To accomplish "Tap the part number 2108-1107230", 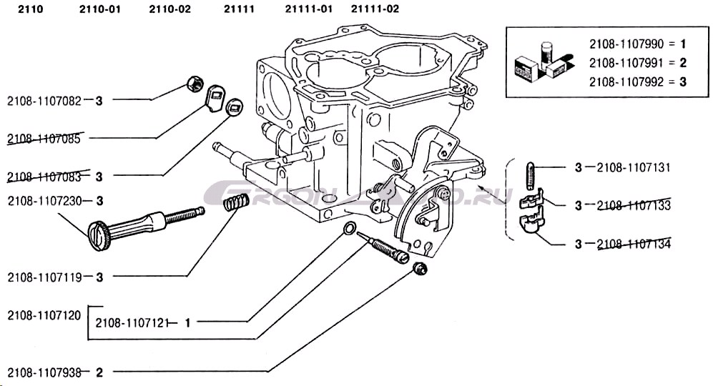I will (45, 202).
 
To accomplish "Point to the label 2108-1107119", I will (45, 276).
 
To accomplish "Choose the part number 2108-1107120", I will (44, 314).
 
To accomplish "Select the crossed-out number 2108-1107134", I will (633, 244).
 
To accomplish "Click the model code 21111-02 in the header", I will (375, 9).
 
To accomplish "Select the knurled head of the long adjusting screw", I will (98, 234).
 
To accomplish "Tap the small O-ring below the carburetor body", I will (349, 229).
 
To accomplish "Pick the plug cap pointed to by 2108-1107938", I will (421, 269).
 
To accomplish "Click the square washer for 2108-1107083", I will (232, 108).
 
